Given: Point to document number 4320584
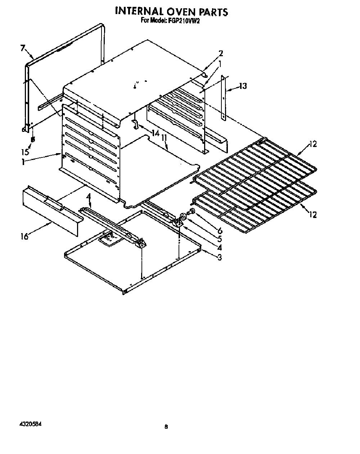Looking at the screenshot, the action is click(30, 424).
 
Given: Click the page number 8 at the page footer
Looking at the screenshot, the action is click(166, 427).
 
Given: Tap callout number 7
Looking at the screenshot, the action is click(23, 48).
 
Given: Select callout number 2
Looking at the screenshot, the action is click(221, 54).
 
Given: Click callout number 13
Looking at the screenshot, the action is click(243, 86).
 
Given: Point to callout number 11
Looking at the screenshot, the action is click(164, 138).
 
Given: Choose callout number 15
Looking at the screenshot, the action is click(25, 152).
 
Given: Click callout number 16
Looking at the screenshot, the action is click(25, 236).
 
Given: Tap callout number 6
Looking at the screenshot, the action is click(220, 231).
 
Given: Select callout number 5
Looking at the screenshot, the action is click(220, 239).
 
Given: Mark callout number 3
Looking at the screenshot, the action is click(220, 257).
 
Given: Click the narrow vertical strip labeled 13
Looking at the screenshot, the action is click(223, 98).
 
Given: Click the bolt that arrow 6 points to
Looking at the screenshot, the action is click(192, 212).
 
